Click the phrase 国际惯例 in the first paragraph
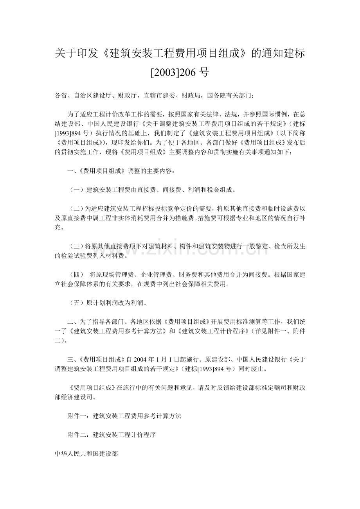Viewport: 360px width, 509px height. point(274,114)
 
